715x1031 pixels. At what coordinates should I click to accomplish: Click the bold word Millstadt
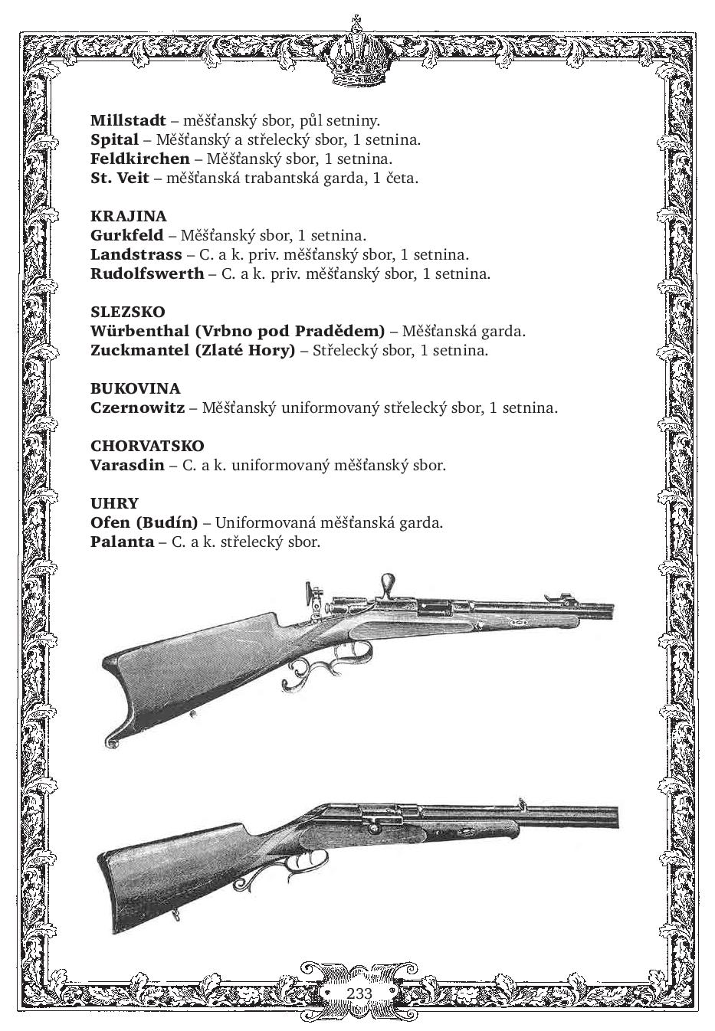[128, 120]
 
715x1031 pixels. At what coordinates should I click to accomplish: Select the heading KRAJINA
[128, 216]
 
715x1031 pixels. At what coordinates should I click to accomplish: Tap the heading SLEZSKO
[127, 312]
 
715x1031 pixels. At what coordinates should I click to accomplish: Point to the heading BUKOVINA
[135, 388]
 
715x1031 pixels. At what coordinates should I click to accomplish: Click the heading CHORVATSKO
[147, 446]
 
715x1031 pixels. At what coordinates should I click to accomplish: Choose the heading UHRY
[114, 503]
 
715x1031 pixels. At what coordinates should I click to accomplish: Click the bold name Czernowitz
[137, 407]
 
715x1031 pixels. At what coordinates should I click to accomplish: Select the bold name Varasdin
[127, 465]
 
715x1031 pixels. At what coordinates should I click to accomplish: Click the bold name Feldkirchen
[139, 159]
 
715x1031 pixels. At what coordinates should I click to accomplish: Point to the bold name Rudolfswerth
[147, 273]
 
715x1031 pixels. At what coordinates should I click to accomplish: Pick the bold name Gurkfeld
[126, 235]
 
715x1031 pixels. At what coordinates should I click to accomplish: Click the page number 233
[359, 993]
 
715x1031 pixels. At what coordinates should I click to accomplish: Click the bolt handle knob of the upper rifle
[389, 583]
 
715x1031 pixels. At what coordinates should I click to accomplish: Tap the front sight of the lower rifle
[523, 803]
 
